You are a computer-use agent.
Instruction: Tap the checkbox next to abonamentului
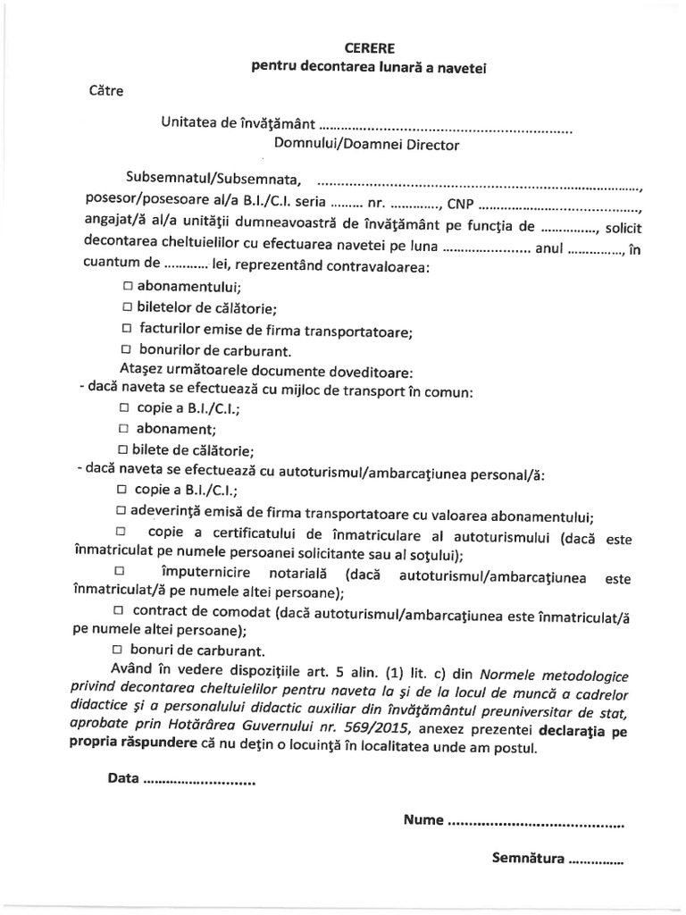pos(128,288)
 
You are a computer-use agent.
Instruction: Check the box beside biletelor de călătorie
pos(128,309)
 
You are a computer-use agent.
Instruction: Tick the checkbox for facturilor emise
pos(128,330)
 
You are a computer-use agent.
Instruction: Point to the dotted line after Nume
pos(534,819)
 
